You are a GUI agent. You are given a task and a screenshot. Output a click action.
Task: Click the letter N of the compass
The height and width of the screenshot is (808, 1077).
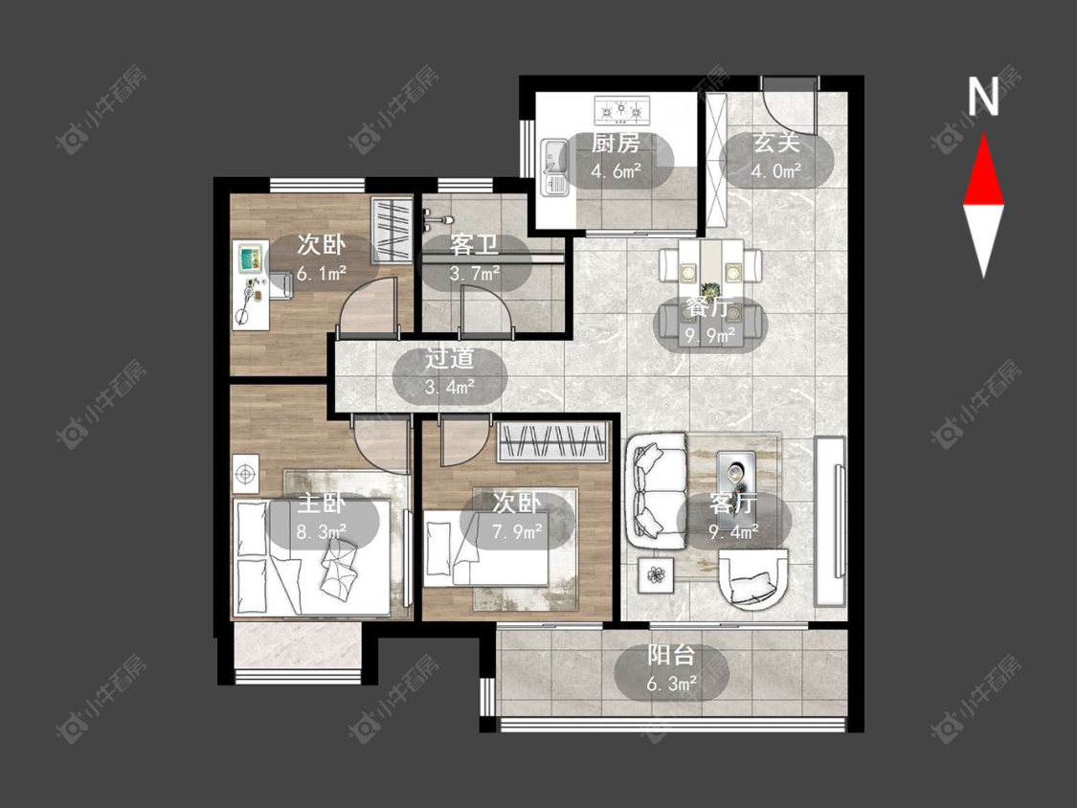point(983,96)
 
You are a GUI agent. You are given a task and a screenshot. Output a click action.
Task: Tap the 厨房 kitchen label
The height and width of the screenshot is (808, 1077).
point(617,144)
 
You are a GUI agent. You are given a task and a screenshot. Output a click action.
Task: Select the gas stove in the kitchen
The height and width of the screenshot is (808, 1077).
point(621,108)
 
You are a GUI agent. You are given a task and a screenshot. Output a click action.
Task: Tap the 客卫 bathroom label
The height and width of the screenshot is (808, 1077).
point(475,245)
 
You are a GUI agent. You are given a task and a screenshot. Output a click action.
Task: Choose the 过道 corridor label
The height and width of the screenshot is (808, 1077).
point(450,359)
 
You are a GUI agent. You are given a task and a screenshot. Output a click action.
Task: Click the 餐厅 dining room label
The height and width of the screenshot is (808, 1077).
point(708,308)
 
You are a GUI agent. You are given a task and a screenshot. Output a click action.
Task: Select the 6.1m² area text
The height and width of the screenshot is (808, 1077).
point(322,274)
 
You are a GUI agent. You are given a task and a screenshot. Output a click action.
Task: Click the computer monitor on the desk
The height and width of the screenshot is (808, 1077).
point(250,258)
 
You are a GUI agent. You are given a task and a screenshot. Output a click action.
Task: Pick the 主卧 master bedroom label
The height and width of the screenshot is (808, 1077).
point(322,504)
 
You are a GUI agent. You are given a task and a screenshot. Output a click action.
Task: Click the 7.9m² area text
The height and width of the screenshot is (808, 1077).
point(517,530)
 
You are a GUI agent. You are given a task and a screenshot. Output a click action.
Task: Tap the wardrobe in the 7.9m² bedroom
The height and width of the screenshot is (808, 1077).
point(553,441)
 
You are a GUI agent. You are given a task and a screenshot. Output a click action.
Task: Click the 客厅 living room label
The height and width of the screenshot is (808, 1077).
point(733,504)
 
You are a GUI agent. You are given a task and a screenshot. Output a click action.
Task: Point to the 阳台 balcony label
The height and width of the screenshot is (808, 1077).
point(671,656)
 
